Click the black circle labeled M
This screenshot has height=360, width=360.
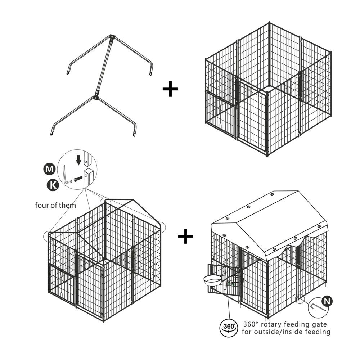pos(49,169)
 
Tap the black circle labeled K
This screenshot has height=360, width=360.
pos(53,185)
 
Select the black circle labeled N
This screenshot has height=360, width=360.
pos(327,301)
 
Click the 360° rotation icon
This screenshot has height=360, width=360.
pos(229,327)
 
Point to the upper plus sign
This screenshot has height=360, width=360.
pos(170,89)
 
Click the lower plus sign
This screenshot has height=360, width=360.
pos(185,236)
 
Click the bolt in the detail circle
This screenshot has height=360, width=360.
pos(78,179)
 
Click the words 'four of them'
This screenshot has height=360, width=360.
pos(55,205)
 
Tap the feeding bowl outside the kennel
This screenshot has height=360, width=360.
pos(212,280)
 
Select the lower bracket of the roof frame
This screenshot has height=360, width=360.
pos(96,95)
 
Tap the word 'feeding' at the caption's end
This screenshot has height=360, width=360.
pos(318,332)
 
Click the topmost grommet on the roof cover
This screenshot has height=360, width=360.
pos(272,194)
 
